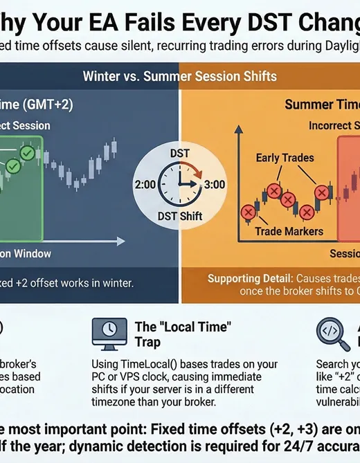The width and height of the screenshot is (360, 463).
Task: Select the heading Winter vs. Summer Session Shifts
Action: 179,75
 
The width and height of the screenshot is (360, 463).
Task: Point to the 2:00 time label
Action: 147,185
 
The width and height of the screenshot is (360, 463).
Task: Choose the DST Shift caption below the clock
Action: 180,217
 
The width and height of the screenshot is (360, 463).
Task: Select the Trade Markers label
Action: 289,231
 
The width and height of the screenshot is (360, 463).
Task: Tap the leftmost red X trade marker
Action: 246,212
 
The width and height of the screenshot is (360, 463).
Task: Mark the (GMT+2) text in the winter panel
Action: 49,105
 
